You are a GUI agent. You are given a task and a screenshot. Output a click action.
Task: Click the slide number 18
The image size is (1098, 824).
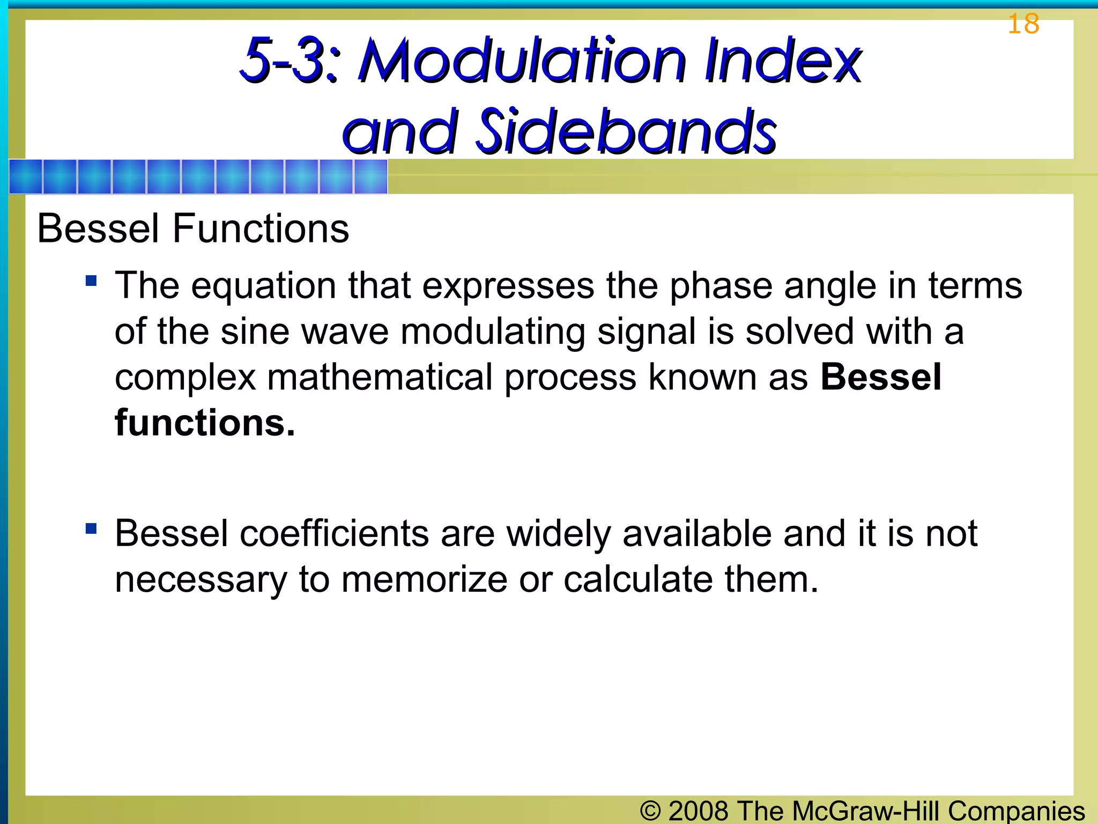1023,24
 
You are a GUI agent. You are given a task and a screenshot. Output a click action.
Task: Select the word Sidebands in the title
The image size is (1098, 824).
626,131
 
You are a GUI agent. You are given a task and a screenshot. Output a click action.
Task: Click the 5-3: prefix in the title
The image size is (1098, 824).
290,60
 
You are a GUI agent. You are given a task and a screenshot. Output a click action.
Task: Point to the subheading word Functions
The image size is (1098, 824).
261,229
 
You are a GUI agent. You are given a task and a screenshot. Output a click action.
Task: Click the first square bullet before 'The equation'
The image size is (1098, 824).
91,281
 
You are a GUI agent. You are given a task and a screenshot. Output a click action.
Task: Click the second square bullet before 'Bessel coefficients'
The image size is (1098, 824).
91,529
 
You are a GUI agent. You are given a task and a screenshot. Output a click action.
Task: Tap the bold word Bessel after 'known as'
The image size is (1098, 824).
881,377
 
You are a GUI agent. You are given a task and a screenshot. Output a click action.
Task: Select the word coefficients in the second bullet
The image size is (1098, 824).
334,534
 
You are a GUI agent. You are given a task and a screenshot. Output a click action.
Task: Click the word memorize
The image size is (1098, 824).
424,580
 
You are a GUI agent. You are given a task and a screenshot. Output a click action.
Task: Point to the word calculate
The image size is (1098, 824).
637,580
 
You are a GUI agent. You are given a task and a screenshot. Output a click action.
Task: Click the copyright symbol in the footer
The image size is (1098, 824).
650,810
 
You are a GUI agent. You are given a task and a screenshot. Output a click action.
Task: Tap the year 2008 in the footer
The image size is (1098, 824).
699,810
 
